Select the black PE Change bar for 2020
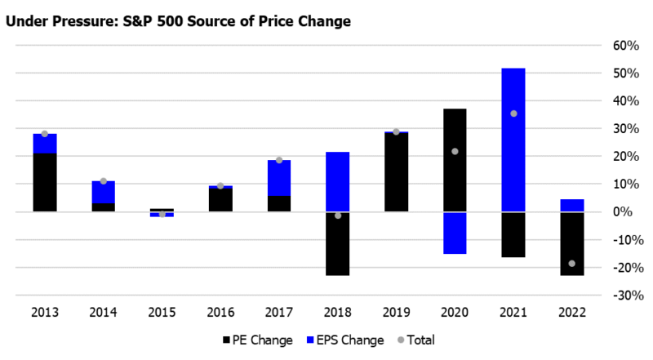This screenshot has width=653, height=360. tap(455, 160)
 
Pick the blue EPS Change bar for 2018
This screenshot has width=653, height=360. tap(338, 176)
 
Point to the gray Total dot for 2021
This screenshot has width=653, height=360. tap(513, 113)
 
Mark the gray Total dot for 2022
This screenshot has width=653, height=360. tap(572, 264)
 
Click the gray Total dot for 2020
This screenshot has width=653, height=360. tap(455, 151)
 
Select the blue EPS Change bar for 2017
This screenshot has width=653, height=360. tap(279, 178)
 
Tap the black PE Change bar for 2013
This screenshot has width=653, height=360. tap(45, 182)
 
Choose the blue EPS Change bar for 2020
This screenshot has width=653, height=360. tap(455, 233)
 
